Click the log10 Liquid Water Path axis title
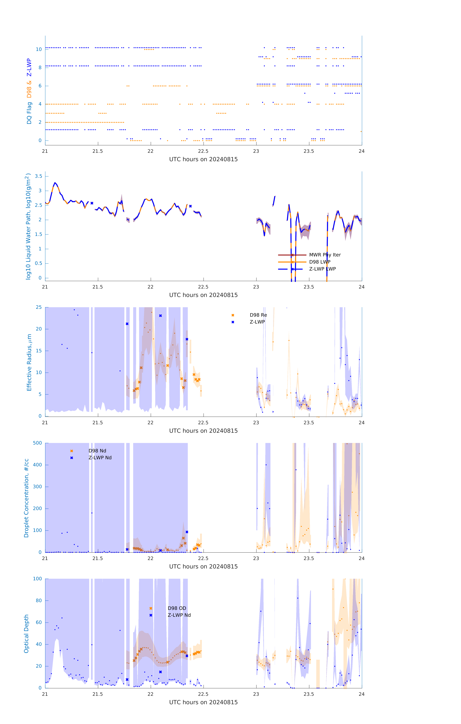tap(28, 226)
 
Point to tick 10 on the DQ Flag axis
tap(39, 49)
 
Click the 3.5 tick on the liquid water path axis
tap(38, 176)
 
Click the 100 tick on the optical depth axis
tap(37, 579)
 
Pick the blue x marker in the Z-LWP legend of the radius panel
tap(233, 322)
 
